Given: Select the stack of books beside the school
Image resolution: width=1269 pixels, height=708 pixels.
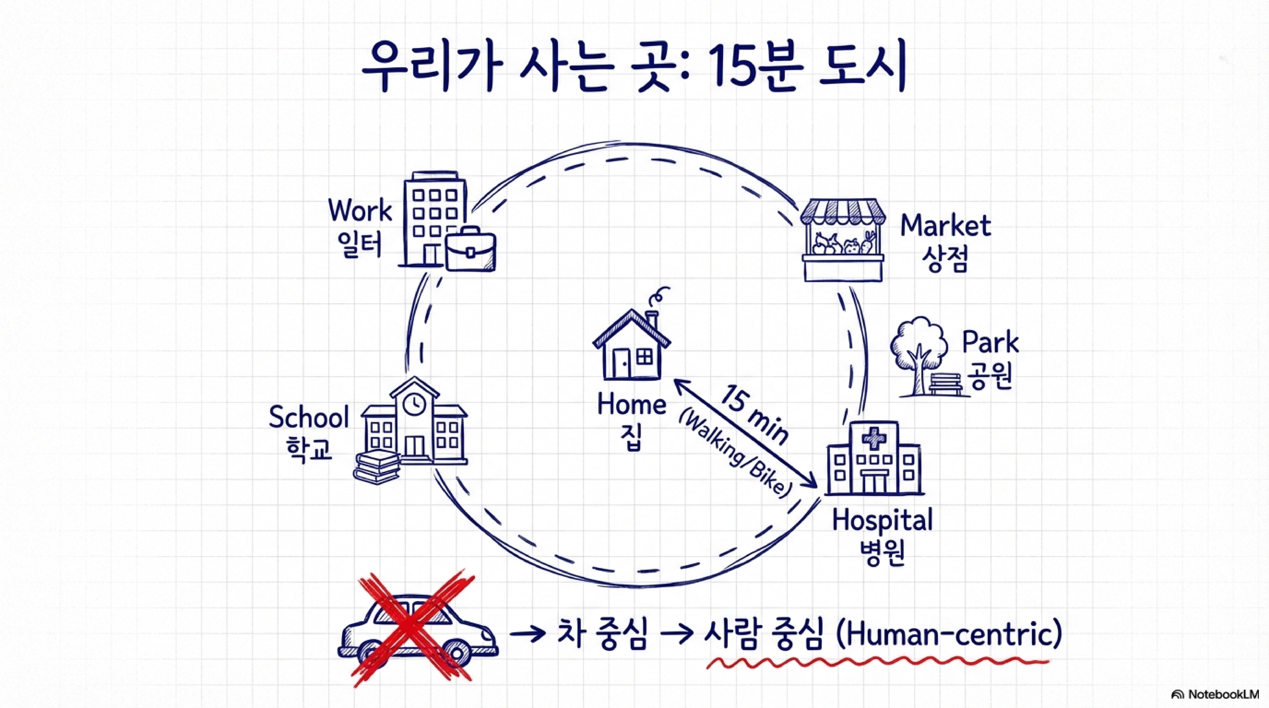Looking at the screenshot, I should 377,468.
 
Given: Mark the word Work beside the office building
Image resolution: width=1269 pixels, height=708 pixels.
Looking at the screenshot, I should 360,211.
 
